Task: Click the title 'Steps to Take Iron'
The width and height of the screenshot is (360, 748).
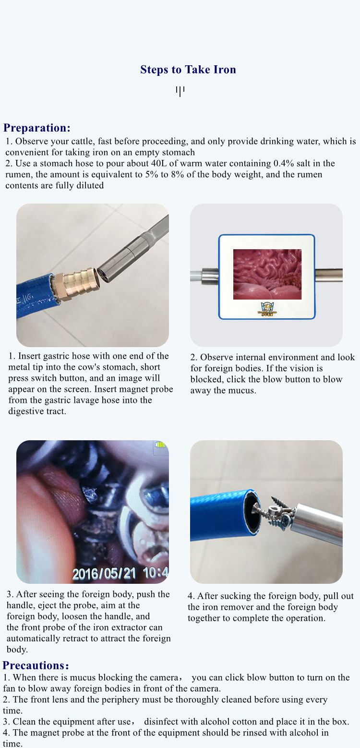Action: pyautogui.click(x=188, y=70)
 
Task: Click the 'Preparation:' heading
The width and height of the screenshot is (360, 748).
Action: pyautogui.click(x=37, y=128)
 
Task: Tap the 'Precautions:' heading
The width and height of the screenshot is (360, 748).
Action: pyautogui.click(x=36, y=665)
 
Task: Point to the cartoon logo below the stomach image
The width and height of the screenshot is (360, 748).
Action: pyautogui.click(x=267, y=309)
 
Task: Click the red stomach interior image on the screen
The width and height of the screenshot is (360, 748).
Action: pyautogui.click(x=267, y=274)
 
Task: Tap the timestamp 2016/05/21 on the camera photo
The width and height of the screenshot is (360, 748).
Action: pyautogui.click(x=104, y=574)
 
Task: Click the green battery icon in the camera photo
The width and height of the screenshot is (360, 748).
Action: pyautogui.click(x=160, y=445)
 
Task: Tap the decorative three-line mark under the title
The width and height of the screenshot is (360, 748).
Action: pyautogui.click(x=180, y=91)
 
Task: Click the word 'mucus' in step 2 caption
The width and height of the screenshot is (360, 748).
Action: pyautogui.click(x=242, y=390)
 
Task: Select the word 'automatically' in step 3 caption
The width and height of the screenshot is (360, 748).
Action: pyautogui.click(x=29, y=639)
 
